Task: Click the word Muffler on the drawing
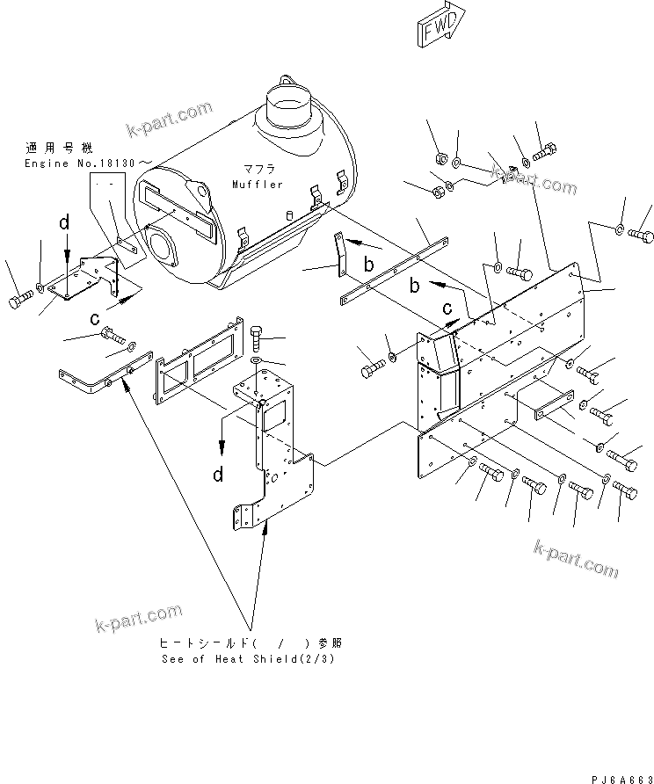258,185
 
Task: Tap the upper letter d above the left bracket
64,224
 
